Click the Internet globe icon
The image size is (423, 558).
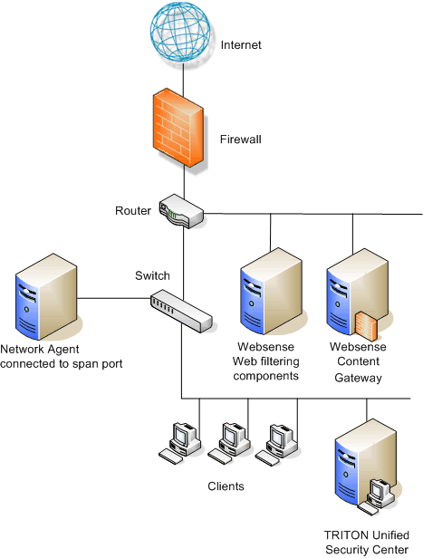(x=180, y=32)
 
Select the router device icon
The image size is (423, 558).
(x=181, y=211)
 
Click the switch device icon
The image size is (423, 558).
(x=181, y=311)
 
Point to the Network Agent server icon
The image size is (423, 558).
(x=46, y=296)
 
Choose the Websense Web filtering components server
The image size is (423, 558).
(x=271, y=291)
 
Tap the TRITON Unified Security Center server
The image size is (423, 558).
(x=366, y=467)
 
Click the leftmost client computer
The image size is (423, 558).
(x=179, y=443)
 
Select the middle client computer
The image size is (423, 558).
(x=229, y=443)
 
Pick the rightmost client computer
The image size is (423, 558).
(x=276, y=444)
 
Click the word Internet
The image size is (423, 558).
(x=241, y=45)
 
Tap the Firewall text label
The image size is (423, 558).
(x=241, y=139)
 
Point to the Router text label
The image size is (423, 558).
(x=133, y=211)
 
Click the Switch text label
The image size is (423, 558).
(x=152, y=275)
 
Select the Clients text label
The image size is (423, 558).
(x=226, y=486)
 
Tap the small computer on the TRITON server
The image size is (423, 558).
(x=378, y=496)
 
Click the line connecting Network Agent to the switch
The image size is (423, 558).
(x=114, y=298)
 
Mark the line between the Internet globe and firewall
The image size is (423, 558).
(x=183, y=79)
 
